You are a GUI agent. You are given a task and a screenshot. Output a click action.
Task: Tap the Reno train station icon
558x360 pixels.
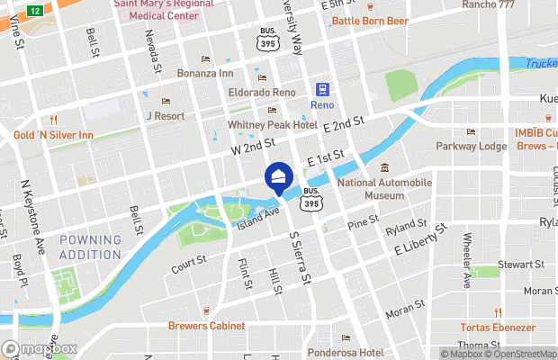[321, 89]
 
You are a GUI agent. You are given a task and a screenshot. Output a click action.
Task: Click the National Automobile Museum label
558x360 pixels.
[384, 189]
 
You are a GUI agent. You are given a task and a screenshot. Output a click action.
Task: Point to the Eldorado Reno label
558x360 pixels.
[262, 92]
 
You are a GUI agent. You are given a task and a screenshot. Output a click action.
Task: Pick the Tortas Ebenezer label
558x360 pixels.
[497, 327]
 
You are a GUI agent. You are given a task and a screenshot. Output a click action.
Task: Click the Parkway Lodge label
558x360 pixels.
[471, 146]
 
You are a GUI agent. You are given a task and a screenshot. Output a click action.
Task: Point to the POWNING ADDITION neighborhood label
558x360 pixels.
[90, 247]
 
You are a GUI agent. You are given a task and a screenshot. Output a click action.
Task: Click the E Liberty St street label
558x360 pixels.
[418, 244]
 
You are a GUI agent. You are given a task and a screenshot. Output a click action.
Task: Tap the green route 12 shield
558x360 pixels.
[34, 10]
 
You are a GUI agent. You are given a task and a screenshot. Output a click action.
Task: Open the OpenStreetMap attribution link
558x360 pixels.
[521, 353]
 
